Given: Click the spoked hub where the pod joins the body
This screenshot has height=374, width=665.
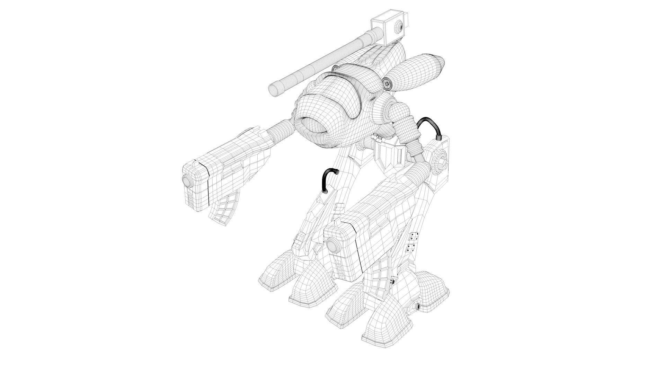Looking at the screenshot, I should tap(387, 83).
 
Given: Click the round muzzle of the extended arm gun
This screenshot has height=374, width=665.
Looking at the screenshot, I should tap(187, 181).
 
